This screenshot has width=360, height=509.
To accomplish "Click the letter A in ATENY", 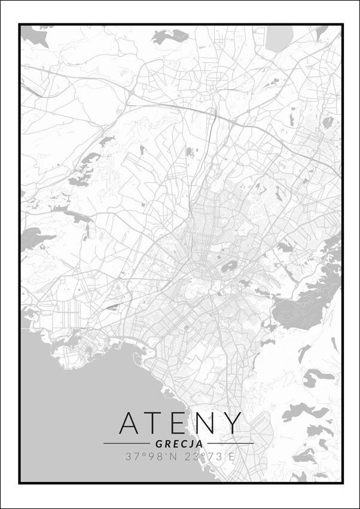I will [x=131, y=423].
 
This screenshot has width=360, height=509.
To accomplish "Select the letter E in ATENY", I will [x=180, y=423].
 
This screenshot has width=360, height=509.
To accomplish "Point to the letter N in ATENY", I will [x=205, y=423].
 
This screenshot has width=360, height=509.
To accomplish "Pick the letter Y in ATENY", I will [x=231, y=423].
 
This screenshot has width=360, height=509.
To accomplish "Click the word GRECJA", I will [x=179, y=444].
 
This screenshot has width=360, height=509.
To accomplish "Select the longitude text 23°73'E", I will [x=210, y=456].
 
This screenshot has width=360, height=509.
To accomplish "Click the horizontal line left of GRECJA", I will [x=126, y=444].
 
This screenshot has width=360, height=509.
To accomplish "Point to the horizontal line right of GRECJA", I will [x=230, y=444].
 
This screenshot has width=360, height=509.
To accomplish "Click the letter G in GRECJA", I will [x=158, y=444].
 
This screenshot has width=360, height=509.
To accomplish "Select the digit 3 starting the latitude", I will [x=128, y=456].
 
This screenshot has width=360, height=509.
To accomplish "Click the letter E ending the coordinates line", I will [x=232, y=456].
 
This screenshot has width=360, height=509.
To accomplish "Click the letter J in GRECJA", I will [x=191, y=444].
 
